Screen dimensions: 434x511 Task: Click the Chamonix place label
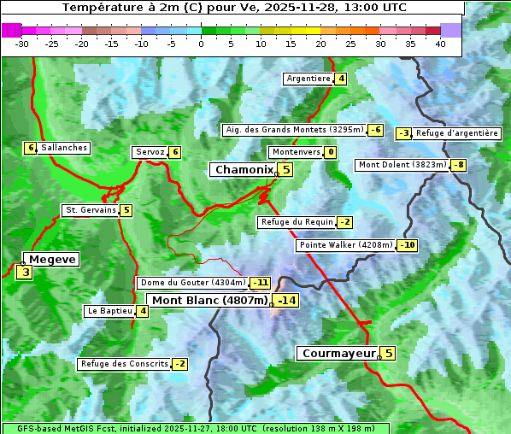click(243, 170)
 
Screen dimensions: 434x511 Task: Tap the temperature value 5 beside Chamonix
click(286, 170)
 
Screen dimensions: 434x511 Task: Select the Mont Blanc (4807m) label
click(209, 300)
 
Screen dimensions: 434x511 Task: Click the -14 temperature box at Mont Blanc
click(286, 300)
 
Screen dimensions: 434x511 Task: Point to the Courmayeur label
click(338, 353)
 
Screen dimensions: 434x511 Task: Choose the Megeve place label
click(52, 259)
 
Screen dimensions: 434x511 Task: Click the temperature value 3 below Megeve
click(26, 273)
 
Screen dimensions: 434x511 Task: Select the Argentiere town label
click(308, 79)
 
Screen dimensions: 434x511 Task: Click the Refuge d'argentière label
click(457, 133)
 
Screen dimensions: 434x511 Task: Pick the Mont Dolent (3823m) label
click(402, 165)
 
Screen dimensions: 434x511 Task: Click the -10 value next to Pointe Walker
click(407, 246)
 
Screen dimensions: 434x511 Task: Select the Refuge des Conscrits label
click(124, 364)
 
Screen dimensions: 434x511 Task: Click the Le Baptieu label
click(109, 311)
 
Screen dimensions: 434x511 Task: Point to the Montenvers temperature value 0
click(330, 152)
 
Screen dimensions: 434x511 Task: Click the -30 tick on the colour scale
click(22, 44)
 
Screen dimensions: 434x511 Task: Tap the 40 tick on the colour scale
click(440, 44)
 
